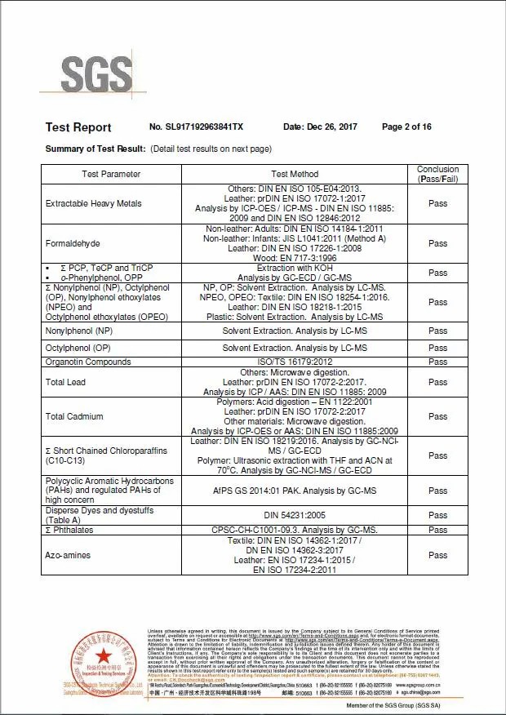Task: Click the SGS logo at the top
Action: coord(95,73)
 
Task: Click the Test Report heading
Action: coord(78,127)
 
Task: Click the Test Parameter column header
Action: coord(111,174)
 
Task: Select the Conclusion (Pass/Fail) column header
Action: coord(437,174)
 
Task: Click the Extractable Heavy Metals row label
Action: coord(93,204)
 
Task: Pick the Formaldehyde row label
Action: coord(73,243)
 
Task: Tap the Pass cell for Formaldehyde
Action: coord(437,243)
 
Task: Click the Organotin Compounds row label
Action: coord(89,362)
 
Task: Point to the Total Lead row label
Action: coord(66,382)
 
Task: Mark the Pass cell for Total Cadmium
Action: coord(437,416)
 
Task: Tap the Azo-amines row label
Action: coord(69,555)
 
